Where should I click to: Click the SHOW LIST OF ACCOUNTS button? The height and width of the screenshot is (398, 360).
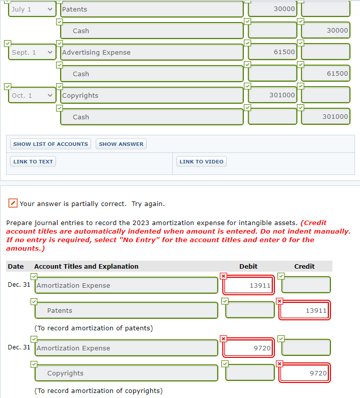point(51,144)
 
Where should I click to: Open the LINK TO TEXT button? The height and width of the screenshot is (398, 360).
point(33,161)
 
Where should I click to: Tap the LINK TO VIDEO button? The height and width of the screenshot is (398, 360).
point(201,161)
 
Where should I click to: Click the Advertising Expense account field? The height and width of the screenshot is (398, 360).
point(151,52)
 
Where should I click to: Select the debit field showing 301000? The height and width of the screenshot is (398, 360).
point(273,95)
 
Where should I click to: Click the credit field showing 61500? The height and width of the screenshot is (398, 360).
point(325,74)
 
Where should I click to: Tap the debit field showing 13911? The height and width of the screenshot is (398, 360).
point(249,286)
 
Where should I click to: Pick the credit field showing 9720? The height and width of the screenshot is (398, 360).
point(304,373)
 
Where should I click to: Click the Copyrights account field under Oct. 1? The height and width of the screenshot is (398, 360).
point(151,95)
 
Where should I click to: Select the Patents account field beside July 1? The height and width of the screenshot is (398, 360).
point(151,9)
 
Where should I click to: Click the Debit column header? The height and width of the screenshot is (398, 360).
point(248,266)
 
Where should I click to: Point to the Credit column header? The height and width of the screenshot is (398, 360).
point(304,266)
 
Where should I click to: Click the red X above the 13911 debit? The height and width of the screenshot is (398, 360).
point(223,276)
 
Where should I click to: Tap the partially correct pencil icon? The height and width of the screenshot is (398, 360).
point(14,204)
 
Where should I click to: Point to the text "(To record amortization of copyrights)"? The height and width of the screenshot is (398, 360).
point(98,390)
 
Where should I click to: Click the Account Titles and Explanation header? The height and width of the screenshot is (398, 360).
point(86,266)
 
